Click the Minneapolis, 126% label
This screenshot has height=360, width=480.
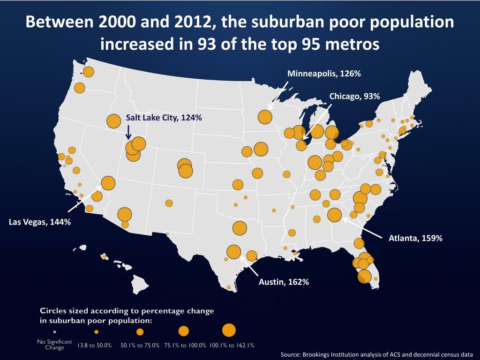pos(323,74)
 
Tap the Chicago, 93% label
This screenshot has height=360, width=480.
pos(354,96)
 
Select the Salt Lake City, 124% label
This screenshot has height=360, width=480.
pos(164,118)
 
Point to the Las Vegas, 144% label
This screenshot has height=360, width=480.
pos(40,222)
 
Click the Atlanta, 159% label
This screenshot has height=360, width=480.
pos(415,238)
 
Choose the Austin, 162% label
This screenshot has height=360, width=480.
pos(284,282)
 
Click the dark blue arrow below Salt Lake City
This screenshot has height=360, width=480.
pos(129,132)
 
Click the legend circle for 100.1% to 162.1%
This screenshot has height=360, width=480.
pos(228,330)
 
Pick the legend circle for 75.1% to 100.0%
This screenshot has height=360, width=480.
pos(183,331)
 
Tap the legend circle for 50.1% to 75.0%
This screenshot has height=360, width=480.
pos(140,332)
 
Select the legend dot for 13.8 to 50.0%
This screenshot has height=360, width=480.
pos(96,332)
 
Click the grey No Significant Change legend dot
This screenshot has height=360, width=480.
pos(54,332)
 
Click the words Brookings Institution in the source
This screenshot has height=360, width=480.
pos(329,355)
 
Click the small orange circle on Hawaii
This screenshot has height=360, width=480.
pos(104,256)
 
